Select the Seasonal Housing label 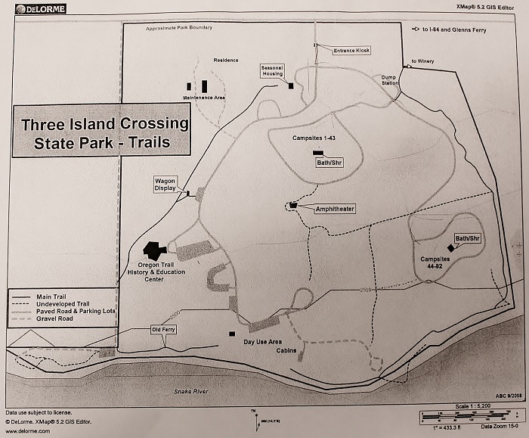(272, 70)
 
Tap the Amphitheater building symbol (292, 205)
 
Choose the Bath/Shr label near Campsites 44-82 (468, 239)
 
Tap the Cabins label (286, 351)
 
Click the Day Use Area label (264, 342)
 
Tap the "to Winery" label (424, 61)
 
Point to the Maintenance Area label (204, 98)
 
